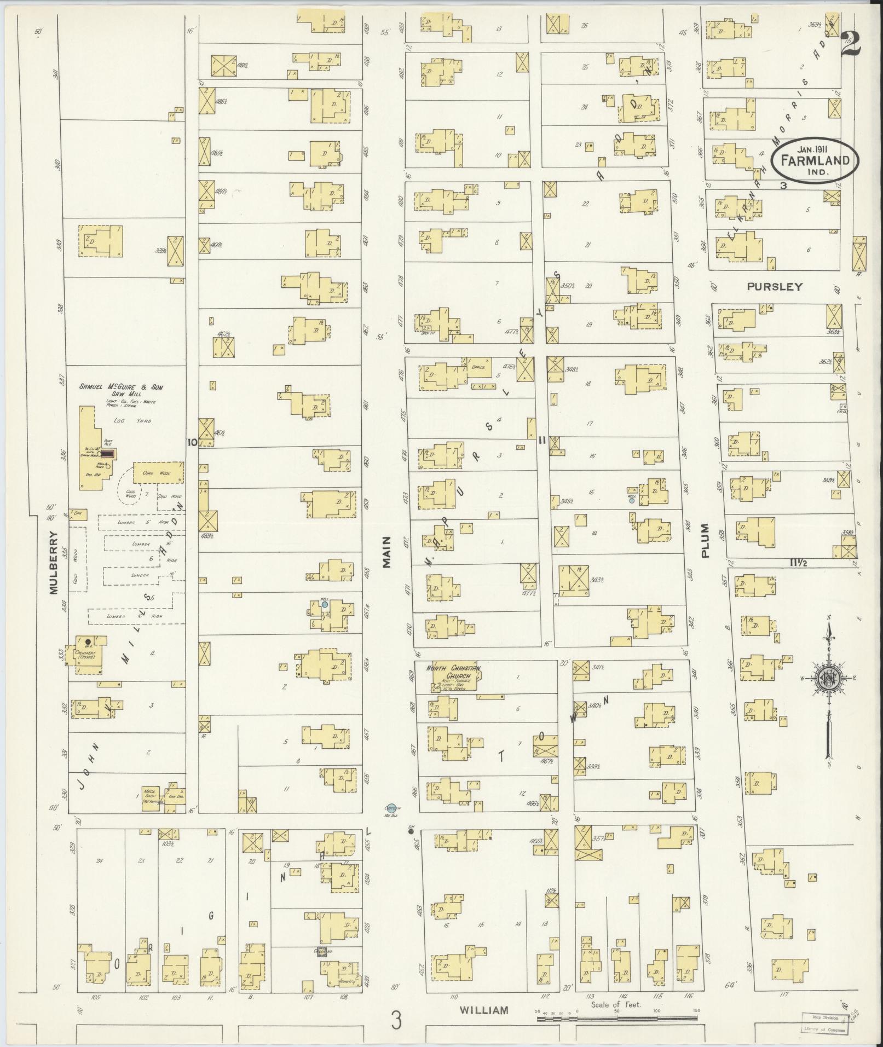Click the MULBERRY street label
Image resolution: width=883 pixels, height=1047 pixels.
click(54, 562)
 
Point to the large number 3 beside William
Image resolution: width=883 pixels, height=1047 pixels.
click(396, 1020)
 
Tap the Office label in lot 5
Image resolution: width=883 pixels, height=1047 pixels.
click(478, 368)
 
